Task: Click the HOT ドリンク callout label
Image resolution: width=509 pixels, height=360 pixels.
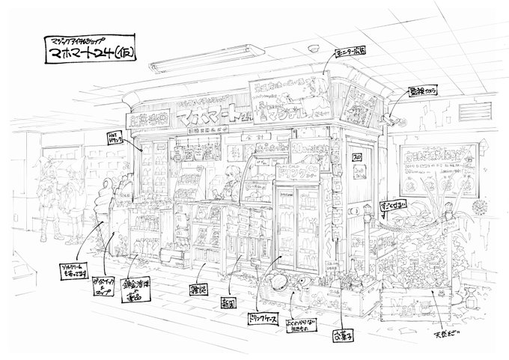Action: pos(116,137)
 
